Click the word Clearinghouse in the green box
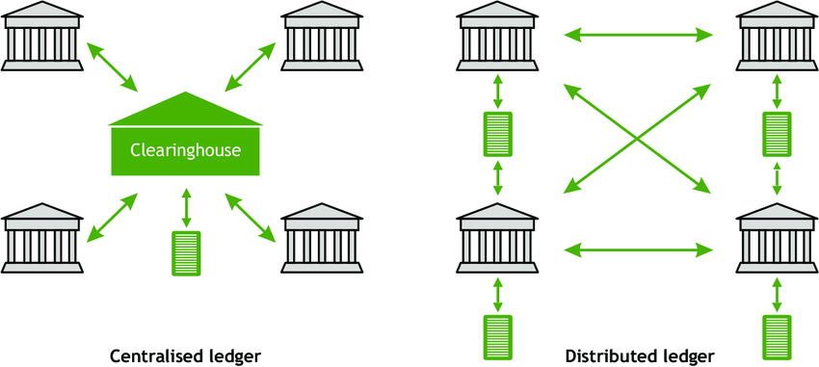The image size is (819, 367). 185,150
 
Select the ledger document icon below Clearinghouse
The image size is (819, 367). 186,253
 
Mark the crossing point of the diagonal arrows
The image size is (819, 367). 637,141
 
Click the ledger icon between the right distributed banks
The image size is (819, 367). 777,134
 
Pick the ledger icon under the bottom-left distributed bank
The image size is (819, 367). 498,335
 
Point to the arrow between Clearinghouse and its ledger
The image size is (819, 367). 186,208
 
